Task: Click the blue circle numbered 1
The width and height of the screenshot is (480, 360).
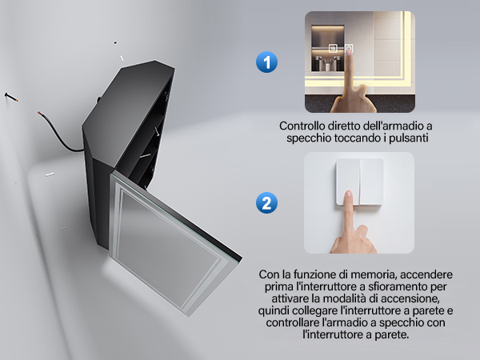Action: pos(266,62)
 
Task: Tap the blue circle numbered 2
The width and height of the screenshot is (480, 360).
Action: pos(266,202)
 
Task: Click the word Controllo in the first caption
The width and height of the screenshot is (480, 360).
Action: pos(302,126)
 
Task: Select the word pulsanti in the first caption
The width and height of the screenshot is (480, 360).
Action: pos(408,138)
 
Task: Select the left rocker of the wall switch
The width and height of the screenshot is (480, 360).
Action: pos(348,182)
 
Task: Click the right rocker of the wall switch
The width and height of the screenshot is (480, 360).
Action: pos(372,182)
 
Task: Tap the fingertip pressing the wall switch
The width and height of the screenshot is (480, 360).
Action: pos(348,194)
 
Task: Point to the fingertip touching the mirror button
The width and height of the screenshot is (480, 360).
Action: pos(349,52)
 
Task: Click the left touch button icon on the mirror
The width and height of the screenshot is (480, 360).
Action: pos(333,48)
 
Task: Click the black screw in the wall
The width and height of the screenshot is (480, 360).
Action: pos(10,97)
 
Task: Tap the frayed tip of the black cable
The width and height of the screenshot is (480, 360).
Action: pos(39,113)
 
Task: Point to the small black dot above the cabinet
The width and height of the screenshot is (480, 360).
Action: pos(115,42)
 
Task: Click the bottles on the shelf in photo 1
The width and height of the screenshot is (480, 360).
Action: pos(327,63)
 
